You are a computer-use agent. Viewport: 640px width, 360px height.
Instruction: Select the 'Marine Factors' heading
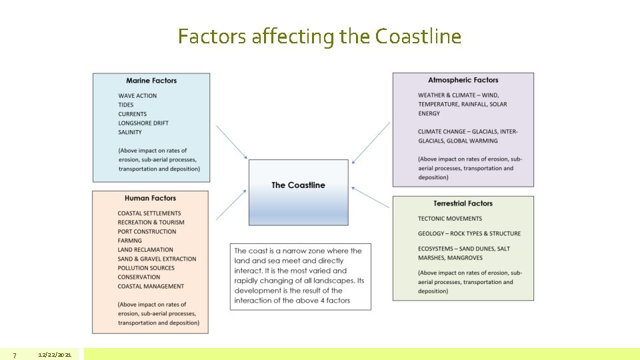tap(151, 81)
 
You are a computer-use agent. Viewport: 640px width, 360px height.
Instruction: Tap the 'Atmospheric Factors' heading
tap(463, 80)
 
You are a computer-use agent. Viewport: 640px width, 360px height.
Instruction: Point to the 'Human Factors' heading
tap(150, 198)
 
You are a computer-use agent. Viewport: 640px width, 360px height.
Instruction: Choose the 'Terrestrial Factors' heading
tap(463, 203)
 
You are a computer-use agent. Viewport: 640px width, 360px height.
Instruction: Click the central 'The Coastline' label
tap(298, 185)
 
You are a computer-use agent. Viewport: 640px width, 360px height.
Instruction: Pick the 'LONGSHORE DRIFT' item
tap(143, 123)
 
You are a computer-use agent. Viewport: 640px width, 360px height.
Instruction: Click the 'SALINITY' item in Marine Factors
tap(130, 132)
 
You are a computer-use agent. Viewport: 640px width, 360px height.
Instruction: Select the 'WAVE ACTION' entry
tap(137, 96)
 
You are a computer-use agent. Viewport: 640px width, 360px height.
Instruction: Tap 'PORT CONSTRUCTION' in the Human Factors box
tap(147, 231)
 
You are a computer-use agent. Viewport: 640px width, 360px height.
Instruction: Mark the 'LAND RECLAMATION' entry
tap(144, 250)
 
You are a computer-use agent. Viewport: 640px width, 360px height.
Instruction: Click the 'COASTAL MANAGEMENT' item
tap(151, 287)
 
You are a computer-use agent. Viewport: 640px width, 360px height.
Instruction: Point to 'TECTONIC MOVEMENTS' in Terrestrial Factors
tap(450, 219)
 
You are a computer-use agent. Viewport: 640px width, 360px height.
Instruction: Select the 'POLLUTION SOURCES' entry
tap(146, 268)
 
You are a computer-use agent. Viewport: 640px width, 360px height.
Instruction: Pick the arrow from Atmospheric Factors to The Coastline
tap(371, 143)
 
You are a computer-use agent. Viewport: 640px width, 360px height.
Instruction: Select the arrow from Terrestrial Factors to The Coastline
tap(371, 197)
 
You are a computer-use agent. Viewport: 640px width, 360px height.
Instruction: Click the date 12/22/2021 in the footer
tap(55, 355)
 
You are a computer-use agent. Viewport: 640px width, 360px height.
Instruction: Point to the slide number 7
tap(14, 355)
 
